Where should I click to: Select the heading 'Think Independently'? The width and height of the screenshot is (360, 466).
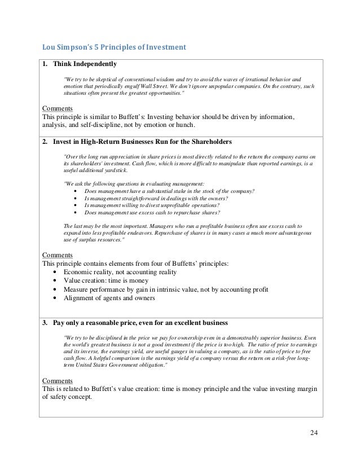[86, 63]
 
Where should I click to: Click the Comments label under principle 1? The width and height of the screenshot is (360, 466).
[58, 108]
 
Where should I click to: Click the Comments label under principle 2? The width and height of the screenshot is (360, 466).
[58, 254]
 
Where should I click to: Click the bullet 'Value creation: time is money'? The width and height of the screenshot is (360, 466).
[106, 280]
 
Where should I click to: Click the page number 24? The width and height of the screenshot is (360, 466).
[314, 433]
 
